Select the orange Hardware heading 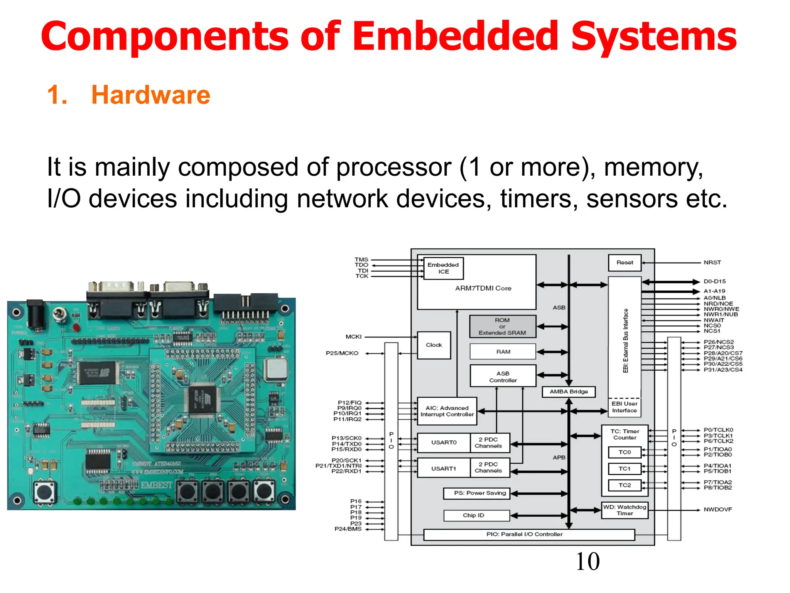click(x=150, y=95)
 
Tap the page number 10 click(x=587, y=561)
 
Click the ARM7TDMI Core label click(x=483, y=288)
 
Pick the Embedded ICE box click(x=443, y=268)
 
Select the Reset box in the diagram click(x=625, y=263)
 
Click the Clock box click(x=434, y=345)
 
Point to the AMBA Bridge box click(x=569, y=391)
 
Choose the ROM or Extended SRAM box click(x=502, y=327)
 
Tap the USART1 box click(x=444, y=468)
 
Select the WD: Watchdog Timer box click(x=625, y=510)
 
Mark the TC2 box click(x=625, y=485)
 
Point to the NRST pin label click(x=712, y=263)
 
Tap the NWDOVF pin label click(x=717, y=510)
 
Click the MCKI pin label click(x=353, y=337)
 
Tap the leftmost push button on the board click(x=44, y=492)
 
